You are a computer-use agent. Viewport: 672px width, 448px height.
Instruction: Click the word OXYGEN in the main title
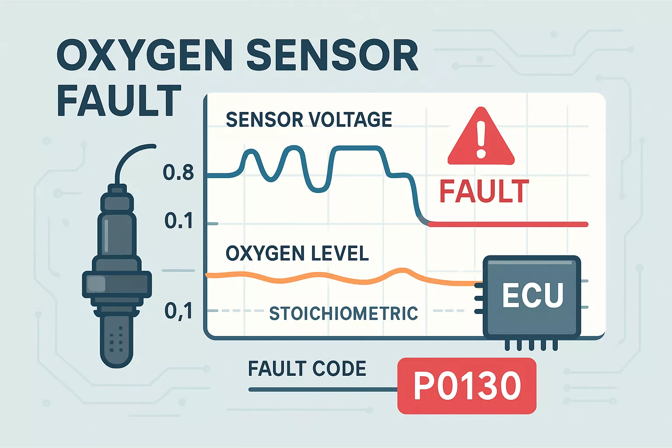[144, 56]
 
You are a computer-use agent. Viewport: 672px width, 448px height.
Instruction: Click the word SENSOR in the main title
[332, 56]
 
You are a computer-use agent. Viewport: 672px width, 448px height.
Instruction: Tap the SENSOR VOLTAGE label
[308, 120]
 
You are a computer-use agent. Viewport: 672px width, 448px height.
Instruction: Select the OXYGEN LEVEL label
[297, 254]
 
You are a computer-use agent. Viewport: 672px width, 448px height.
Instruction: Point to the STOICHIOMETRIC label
[343, 313]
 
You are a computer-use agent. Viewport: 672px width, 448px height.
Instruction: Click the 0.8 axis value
[178, 173]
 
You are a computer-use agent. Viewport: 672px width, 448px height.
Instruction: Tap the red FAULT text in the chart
[484, 192]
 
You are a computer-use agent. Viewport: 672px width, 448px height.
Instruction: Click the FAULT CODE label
[307, 369]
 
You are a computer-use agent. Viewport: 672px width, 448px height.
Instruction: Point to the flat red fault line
[507, 224]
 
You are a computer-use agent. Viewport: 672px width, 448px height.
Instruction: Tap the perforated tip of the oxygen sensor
[116, 341]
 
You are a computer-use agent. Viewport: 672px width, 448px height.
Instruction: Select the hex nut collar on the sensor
[117, 283]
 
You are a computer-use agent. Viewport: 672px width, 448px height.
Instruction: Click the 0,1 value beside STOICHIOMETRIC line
[178, 311]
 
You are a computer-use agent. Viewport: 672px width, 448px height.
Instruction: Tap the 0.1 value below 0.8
[178, 221]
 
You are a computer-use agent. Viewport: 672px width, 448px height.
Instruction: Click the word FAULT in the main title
[119, 101]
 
